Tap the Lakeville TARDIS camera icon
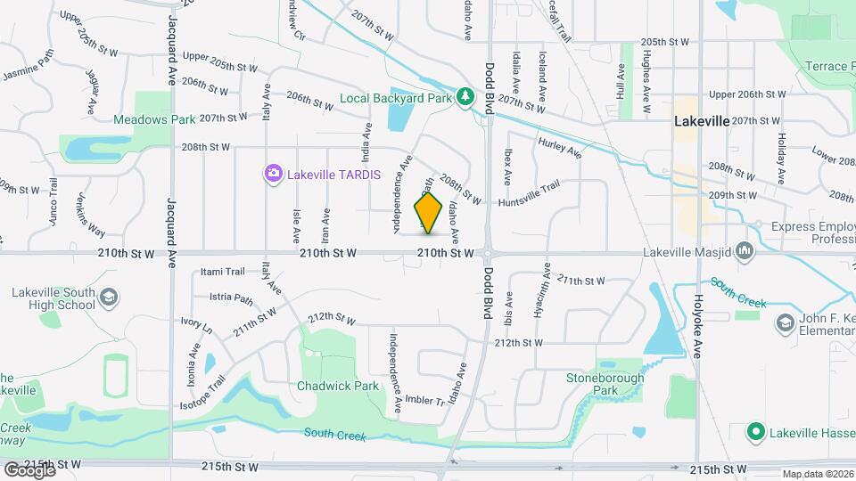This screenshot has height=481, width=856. [273, 173]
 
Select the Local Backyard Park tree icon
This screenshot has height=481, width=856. [464, 96]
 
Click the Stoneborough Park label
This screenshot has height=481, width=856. [605, 384]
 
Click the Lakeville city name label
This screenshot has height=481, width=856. [702, 120]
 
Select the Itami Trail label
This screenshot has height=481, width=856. [223, 272]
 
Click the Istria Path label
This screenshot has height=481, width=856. [232, 298]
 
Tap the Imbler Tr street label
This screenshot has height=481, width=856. [424, 400]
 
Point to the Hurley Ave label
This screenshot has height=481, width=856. [559, 148]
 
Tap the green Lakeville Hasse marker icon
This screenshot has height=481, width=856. [756, 432]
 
